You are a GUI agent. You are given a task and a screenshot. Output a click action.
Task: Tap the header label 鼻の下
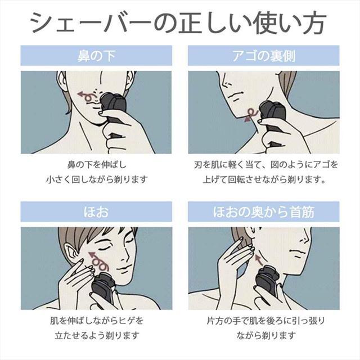tap(96, 57)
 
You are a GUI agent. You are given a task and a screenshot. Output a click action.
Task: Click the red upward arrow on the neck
tap(259, 259)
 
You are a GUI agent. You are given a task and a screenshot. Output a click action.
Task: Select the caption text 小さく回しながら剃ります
tap(96, 180)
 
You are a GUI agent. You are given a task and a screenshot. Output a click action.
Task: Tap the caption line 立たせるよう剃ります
tap(96, 336)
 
